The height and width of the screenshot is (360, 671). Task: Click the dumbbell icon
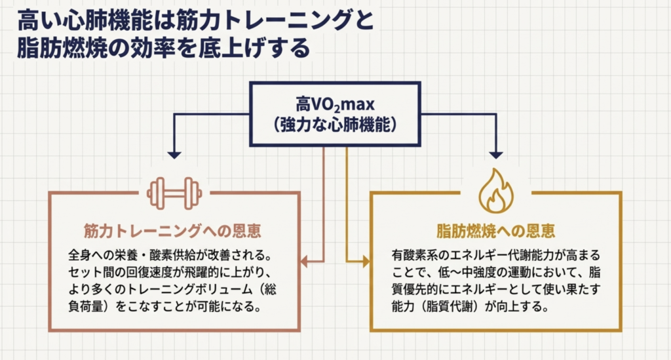tap(174, 192)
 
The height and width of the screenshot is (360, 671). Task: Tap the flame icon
tap(495, 191)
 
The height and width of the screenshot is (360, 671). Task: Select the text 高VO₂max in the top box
tap(334, 105)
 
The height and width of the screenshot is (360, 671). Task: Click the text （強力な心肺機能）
tap(335, 125)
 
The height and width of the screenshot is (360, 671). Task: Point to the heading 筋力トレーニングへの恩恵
tap(174, 231)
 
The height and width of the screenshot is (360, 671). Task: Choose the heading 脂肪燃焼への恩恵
tap(496, 231)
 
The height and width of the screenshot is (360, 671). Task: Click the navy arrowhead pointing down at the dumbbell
tap(174, 155)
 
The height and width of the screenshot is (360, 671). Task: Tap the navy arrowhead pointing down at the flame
tap(496, 155)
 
